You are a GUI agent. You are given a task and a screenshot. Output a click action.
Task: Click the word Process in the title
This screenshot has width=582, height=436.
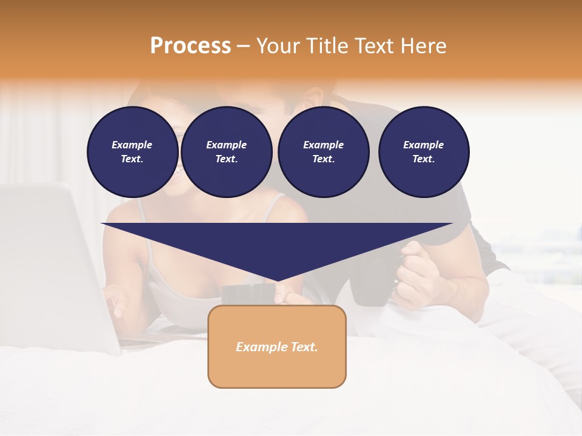point(190,46)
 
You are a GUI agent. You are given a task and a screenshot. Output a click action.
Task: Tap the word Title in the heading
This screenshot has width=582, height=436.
point(327,46)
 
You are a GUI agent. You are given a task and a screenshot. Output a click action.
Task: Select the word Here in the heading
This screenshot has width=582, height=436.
point(424,46)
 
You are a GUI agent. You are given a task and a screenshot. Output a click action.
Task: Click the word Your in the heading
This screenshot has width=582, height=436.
point(278,46)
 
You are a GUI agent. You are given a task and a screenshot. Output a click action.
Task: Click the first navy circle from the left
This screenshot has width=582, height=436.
point(132,151)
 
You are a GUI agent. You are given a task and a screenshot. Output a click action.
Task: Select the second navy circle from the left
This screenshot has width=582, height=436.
point(226,151)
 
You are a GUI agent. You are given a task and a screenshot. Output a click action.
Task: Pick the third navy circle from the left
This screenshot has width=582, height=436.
point(323,151)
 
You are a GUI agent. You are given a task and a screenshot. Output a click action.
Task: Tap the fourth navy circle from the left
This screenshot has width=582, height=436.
point(423,151)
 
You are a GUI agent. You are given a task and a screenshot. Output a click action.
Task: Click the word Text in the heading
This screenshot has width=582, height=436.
point(376,46)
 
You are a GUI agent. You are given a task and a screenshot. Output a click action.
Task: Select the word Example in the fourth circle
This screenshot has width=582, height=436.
point(423,145)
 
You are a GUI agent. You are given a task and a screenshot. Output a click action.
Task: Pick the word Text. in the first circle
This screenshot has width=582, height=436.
point(132,159)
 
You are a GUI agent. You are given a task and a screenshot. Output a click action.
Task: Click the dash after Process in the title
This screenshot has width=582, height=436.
point(243,46)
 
